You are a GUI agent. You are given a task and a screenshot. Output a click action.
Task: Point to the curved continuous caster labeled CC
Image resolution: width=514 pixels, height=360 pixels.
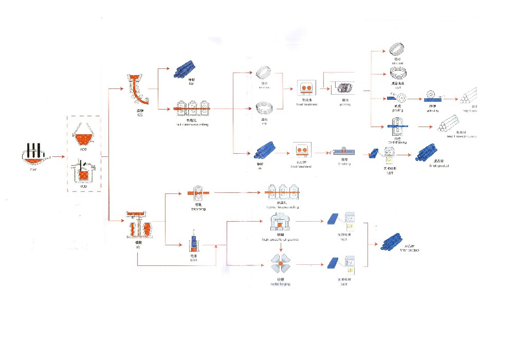(138, 91)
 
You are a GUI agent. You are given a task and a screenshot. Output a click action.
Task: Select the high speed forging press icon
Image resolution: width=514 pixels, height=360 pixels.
(281, 223)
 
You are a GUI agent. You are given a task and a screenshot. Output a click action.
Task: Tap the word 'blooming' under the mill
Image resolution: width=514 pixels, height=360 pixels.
(198, 209)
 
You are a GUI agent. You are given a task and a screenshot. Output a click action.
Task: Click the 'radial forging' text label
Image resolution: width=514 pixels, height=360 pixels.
(281, 283)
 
